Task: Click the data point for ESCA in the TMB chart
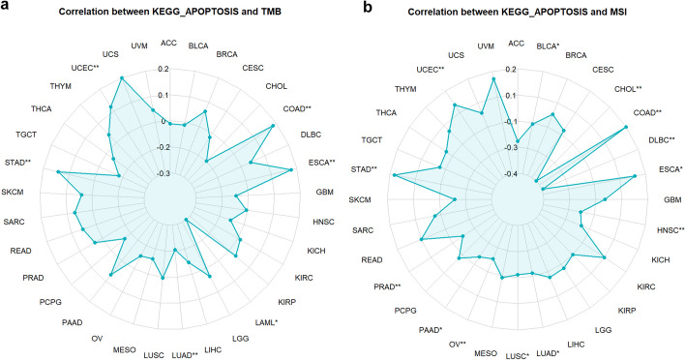292,170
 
